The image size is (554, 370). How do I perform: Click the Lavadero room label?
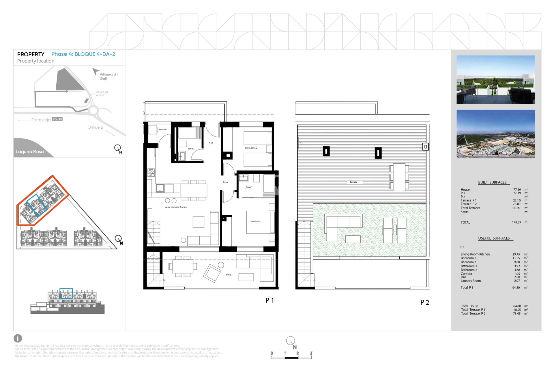point(162,129)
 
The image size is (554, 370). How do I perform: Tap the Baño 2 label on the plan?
point(191,149)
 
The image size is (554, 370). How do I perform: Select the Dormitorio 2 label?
point(251,148)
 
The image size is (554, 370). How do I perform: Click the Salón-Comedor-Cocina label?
point(175,207)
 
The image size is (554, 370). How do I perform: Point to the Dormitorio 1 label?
point(255,222)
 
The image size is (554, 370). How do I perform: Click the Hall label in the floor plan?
point(211,143)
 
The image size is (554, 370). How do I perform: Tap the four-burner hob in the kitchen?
point(151,173)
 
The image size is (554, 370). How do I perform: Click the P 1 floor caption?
point(269,301)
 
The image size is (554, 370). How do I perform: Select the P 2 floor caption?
point(424,303)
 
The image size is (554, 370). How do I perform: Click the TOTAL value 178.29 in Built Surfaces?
point(516,223)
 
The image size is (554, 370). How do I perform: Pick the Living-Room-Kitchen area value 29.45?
point(516,254)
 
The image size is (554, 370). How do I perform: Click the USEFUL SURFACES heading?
point(494,238)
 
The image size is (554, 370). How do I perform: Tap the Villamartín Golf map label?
point(108,76)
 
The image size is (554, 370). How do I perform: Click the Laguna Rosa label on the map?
point(30,152)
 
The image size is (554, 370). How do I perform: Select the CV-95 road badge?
point(57,119)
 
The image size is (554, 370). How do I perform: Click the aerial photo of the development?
point(495,134)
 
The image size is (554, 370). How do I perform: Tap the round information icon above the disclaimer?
point(18,338)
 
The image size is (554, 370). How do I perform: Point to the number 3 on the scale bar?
point(311,353)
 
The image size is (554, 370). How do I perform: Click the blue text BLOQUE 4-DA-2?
point(95,54)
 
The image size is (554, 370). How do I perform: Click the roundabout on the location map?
point(93,110)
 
